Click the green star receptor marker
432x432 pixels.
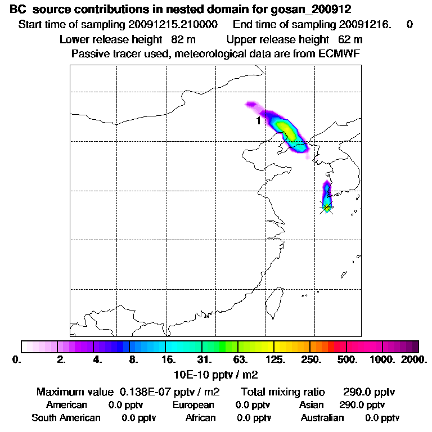pos(327,208)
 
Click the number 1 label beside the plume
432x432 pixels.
pos(258,120)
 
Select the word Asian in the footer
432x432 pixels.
pos(312,404)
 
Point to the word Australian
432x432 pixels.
pos(322,417)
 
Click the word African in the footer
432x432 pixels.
pos(201,417)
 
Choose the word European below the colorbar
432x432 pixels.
pos(193,404)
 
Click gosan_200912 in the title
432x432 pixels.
pos(309,9)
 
